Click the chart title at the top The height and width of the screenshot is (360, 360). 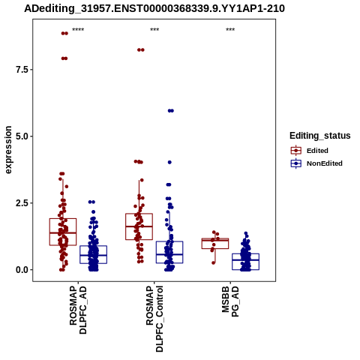[154, 8]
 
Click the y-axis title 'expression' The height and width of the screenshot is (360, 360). [8, 150]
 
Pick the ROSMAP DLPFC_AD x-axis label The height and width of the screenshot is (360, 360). [78, 310]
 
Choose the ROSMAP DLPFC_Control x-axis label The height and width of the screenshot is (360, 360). [154, 319]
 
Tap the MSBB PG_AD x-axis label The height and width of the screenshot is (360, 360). [230, 301]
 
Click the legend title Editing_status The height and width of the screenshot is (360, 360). [320, 136]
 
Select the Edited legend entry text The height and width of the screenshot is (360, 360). [317, 151]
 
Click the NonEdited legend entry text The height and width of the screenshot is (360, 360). [325, 163]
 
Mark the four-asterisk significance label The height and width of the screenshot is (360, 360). [78, 30]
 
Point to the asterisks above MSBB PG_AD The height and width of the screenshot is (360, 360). [230, 30]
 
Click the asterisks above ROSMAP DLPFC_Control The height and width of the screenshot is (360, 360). [154, 30]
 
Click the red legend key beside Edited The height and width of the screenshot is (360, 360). [296, 151]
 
